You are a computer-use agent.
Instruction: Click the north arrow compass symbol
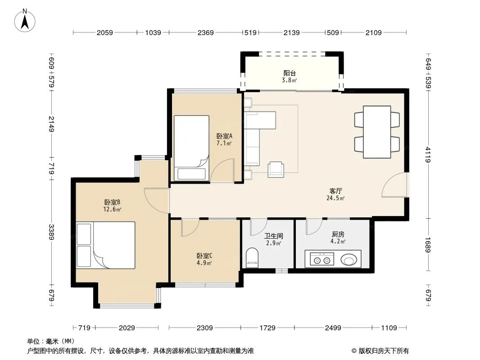click(25, 21)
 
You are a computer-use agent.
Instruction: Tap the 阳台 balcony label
click(290, 73)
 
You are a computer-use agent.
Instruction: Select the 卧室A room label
click(224, 136)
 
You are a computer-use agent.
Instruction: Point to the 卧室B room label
click(112, 202)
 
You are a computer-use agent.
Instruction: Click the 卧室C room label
click(204, 256)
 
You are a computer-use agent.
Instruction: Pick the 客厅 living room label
click(335, 191)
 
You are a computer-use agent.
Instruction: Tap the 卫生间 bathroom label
click(274, 236)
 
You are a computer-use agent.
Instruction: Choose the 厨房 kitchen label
click(338, 234)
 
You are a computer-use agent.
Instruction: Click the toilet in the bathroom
click(252, 257)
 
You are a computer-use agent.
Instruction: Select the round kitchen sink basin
click(349, 260)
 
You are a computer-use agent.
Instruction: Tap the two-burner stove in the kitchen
click(322, 259)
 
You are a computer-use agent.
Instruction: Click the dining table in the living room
click(377, 132)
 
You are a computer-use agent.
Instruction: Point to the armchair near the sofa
click(276, 170)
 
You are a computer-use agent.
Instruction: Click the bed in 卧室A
click(192, 148)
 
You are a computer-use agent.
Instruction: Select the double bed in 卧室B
click(106, 245)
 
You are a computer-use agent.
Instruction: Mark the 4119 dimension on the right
click(428, 155)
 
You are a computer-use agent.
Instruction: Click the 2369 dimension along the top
click(205, 32)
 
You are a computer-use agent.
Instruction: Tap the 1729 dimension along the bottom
click(267, 328)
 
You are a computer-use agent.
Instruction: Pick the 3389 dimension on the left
click(51, 232)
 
